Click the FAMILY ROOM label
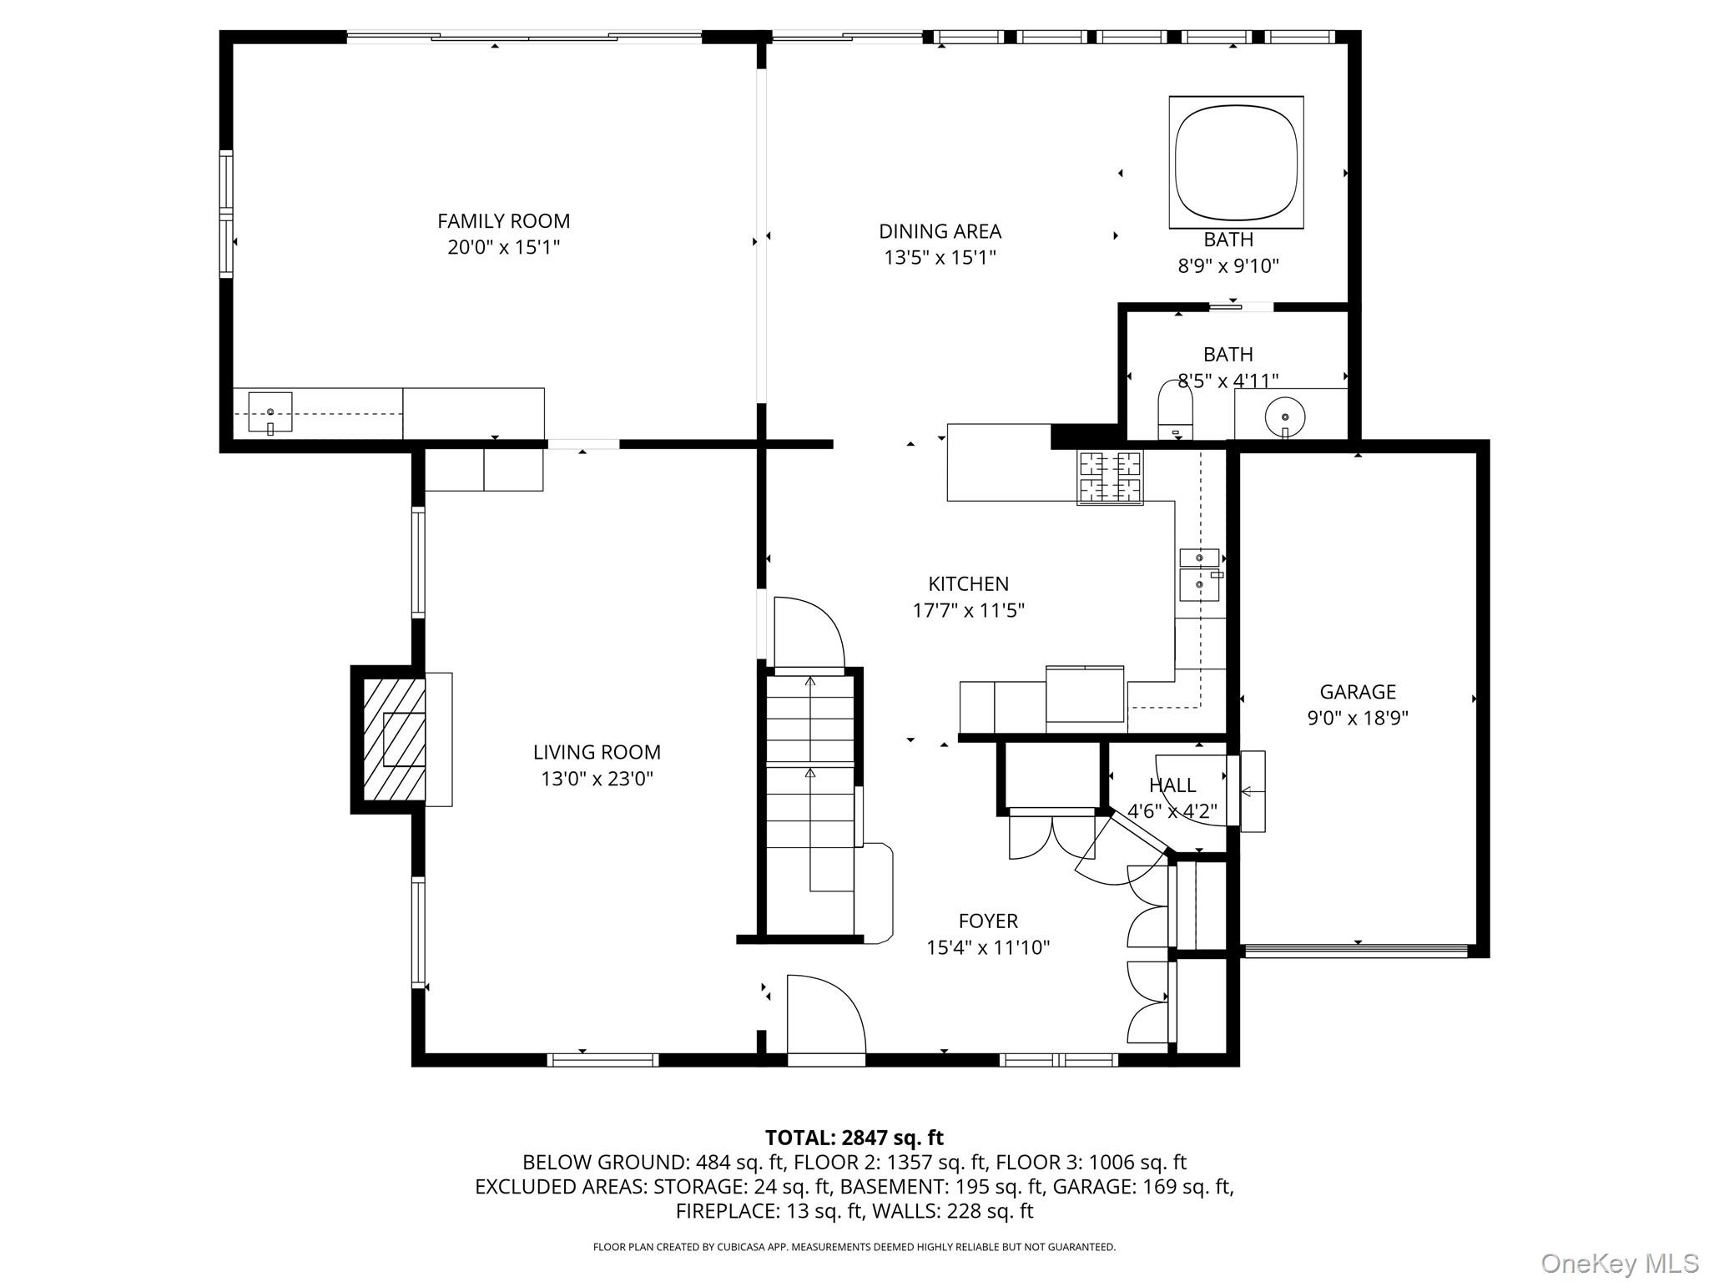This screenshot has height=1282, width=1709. point(503,221)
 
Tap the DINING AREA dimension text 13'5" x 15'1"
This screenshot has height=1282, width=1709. point(940,257)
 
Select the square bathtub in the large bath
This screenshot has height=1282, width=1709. point(1236,162)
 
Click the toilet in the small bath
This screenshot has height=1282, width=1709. point(1175,410)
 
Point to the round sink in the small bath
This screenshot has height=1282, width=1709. point(1285,415)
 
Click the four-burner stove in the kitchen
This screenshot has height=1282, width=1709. point(1109,477)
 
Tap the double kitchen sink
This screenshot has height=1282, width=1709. point(1199,574)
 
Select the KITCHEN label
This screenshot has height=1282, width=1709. point(968,583)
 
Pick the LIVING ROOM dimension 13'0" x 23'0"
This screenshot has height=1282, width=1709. point(597,779)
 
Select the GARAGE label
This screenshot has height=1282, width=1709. point(1357,691)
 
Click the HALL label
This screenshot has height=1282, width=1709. point(1172,785)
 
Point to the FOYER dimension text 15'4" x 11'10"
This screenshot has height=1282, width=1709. point(987,947)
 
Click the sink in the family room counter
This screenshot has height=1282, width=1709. point(270,413)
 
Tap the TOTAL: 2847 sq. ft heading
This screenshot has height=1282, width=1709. point(854,1138)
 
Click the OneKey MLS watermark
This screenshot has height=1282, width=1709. point(1619,1263)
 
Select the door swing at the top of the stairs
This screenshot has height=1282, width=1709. point(807,634)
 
